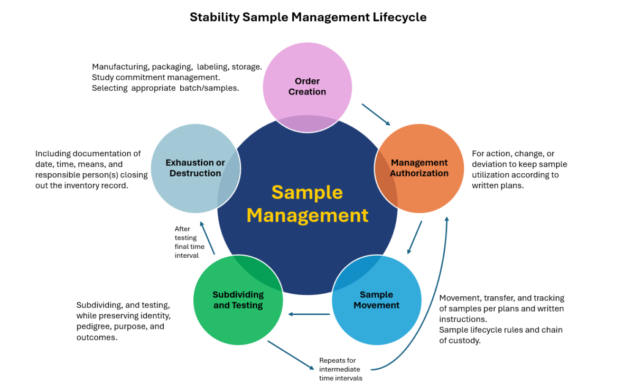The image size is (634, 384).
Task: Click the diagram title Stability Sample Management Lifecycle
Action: click(x=308, y=17)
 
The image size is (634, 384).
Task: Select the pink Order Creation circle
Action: click(x=307, y=79)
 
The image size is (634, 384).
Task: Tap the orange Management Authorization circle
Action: click(x=419, y=168)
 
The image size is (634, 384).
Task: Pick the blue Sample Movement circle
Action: click(x=376, y=300)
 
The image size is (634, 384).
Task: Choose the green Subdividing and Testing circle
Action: click(x=238, y=300)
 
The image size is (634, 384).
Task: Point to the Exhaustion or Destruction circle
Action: click(x=195, y=168)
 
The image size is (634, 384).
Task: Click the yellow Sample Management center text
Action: click(x=307, y=204)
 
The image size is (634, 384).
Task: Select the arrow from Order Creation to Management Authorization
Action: click(x=376, y=115)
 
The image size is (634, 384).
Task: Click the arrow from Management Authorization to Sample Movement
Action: click(x=415, y=237)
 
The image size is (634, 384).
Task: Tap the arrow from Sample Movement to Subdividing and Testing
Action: click(x=309, y=315)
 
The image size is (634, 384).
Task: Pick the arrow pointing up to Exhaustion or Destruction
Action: click(x=207, y=238)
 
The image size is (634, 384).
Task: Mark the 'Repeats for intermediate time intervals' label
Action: click(x=339, y=369)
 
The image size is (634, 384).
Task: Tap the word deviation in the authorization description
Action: click(x=491, y=164)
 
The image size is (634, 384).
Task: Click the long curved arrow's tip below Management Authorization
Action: click(x=447, y=218)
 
